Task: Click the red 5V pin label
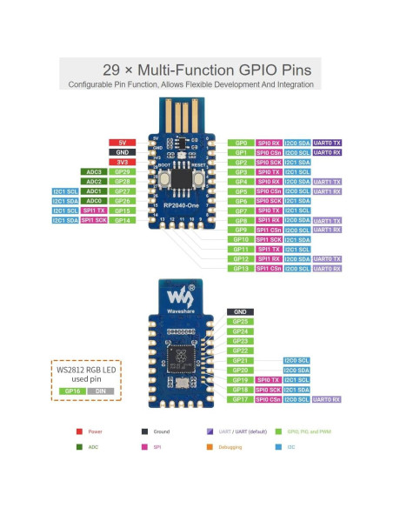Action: click(x=121, y=142)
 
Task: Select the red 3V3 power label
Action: click(x=121, y=162)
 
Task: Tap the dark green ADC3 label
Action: click(x=94, y=172)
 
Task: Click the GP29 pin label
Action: click(x=121, y=172)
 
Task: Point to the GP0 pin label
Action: click(x=241, y=142)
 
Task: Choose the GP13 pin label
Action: click(x=241, y=269)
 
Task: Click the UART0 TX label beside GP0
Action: click(x=326, y=142)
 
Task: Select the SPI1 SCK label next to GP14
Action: click(x=94, y=220)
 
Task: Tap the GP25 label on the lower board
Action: click(x=240, y=322)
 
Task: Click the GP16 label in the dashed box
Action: click(x=74, y=391)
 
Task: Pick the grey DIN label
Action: click(x=100, y=391)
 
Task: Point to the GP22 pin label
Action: click(x=240, y=351)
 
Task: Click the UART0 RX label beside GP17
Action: click(x=326, y=399)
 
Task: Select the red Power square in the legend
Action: click(x=80, y=431)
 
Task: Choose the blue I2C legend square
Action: click(x=277, y=448)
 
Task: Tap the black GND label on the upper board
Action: click(x=121, y=152)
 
